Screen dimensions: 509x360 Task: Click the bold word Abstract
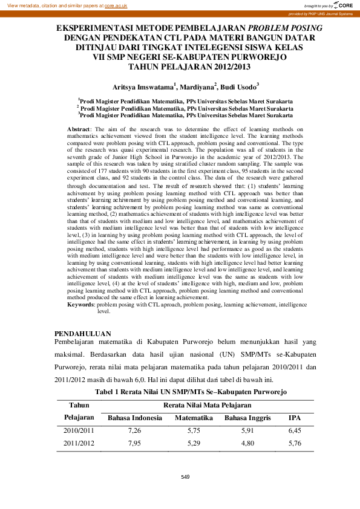79,129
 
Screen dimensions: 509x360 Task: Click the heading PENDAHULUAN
83,333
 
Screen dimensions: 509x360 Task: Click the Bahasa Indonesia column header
134,418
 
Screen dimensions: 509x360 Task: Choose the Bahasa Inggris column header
247,418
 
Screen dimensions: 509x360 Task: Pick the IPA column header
295,418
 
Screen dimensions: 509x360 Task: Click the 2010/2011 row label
79,430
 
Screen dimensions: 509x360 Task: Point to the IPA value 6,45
295,430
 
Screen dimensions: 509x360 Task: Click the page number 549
185,478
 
